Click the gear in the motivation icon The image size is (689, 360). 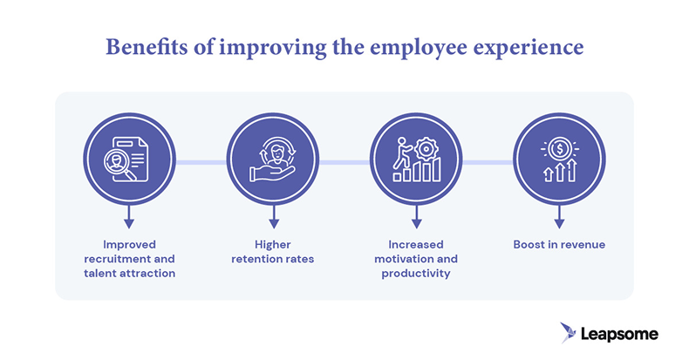(426, 145)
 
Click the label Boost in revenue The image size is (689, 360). (560, 245)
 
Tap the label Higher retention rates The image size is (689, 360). (273, 252)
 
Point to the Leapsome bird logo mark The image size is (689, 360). (570, 332)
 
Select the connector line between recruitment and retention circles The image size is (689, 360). (201, 162)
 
